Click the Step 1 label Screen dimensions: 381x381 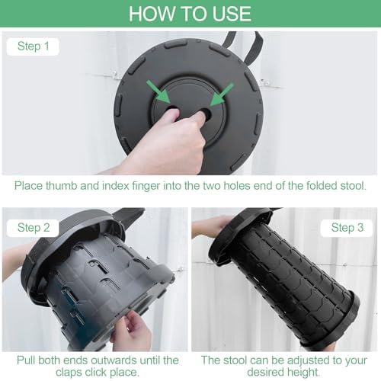(x=34, y=46)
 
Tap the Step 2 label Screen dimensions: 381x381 (x=34, y=228)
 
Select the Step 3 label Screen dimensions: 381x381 (x=347, y=228)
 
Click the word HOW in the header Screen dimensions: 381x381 (x=152, y=14)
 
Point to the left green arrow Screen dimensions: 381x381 (x=158, y=91)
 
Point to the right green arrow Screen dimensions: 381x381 (x=222, y=94)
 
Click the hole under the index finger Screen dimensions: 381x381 (x=205, y=112)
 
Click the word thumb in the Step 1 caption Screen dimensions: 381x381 (x=62, y=186)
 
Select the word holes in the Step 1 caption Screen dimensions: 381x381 (x=237, y=186)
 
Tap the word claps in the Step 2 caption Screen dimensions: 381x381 (x=69, y=373)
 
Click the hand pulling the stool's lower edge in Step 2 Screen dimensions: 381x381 (x=131, y=331)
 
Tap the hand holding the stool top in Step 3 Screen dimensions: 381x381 (x=212, y=227)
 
